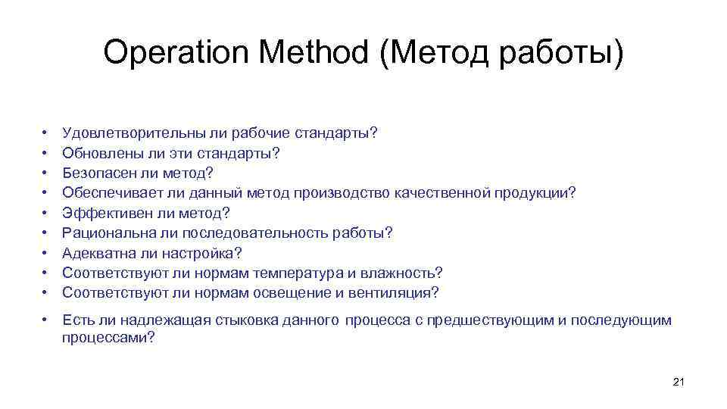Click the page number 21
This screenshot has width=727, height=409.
(x=678, y=381)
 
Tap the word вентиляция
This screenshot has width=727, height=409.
(x=395, y=292)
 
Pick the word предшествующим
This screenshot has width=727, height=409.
(x=491, y=320)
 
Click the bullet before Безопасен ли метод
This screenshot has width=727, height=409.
(x=45, y=173)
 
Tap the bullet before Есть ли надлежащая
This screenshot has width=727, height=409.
(x=45, y=320)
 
